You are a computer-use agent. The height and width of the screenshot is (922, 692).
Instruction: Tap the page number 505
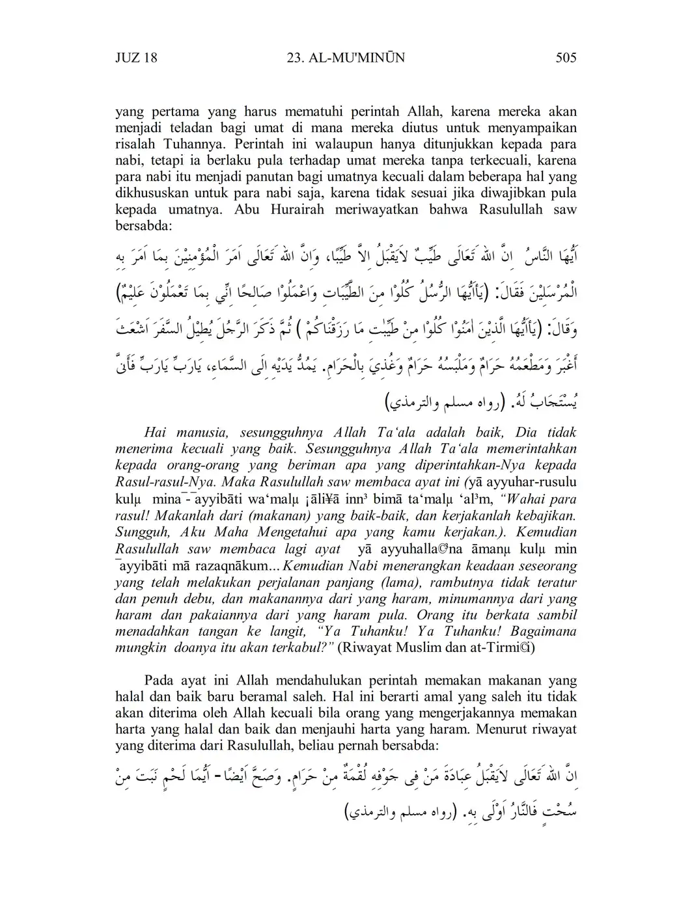(x=566, y=58)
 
